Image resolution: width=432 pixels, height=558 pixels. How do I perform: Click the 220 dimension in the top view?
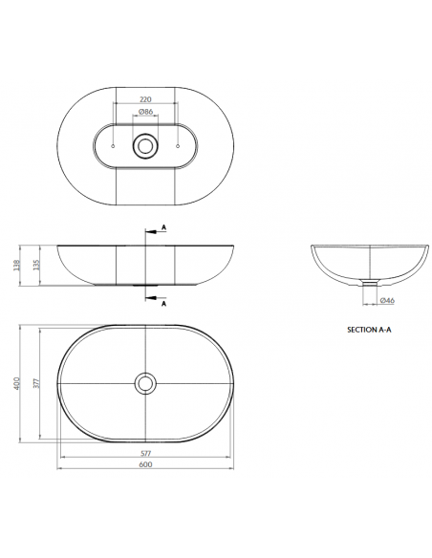pos(146,98)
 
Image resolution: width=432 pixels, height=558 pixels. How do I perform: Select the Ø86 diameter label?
pos(146,113)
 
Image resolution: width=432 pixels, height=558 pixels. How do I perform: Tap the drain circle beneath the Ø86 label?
pos(146,145)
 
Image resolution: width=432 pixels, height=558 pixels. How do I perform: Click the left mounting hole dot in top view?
pos(113,145)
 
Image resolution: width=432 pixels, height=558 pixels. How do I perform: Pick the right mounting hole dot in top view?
pos(180,145)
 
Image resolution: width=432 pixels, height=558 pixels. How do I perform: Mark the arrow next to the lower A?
pos(151,298)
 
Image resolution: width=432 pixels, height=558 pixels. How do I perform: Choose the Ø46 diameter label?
pos(388,301)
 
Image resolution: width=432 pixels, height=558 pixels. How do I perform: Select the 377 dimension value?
pos(38,384)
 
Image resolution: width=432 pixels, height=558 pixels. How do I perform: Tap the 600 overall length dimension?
pos(146,465)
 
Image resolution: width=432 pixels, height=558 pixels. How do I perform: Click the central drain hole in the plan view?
pos(146,383)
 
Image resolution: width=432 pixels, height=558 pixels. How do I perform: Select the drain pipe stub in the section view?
pos(368,283)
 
